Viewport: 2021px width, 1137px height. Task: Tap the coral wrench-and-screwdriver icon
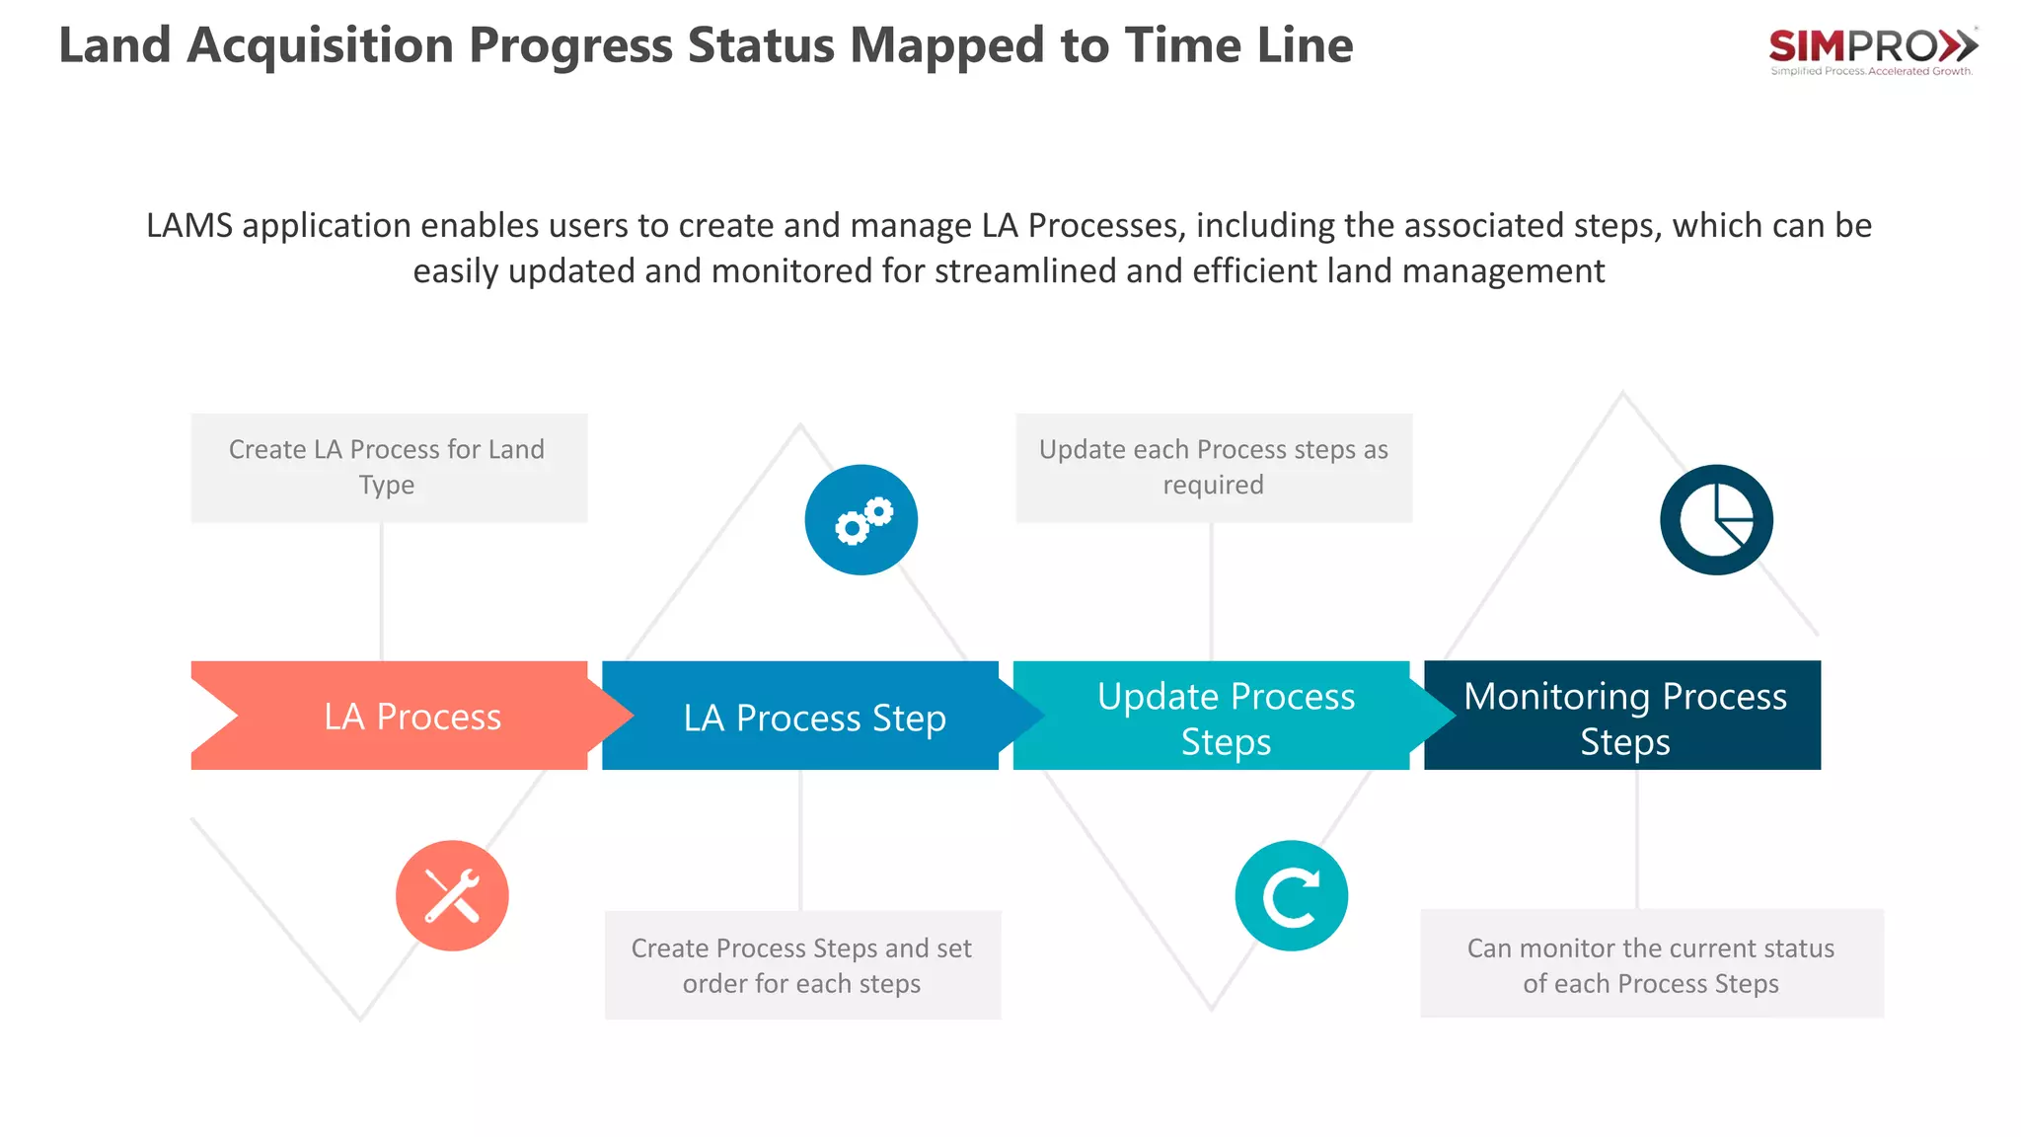[452, 895]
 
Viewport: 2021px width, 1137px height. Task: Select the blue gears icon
[861, 520]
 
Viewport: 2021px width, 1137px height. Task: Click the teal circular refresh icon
[1291, 895]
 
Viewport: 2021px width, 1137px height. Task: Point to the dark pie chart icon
[1716, 520]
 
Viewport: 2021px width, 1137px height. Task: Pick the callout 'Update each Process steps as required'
[1214, 468]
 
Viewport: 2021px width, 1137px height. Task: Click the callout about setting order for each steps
[802, 965]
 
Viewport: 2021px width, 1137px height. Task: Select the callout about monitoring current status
[1651, 964]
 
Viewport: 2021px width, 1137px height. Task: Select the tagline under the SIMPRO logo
[1871, 71]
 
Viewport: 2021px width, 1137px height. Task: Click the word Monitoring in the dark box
[1557, 697]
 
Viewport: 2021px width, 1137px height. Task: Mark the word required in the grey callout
[1213, 486]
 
